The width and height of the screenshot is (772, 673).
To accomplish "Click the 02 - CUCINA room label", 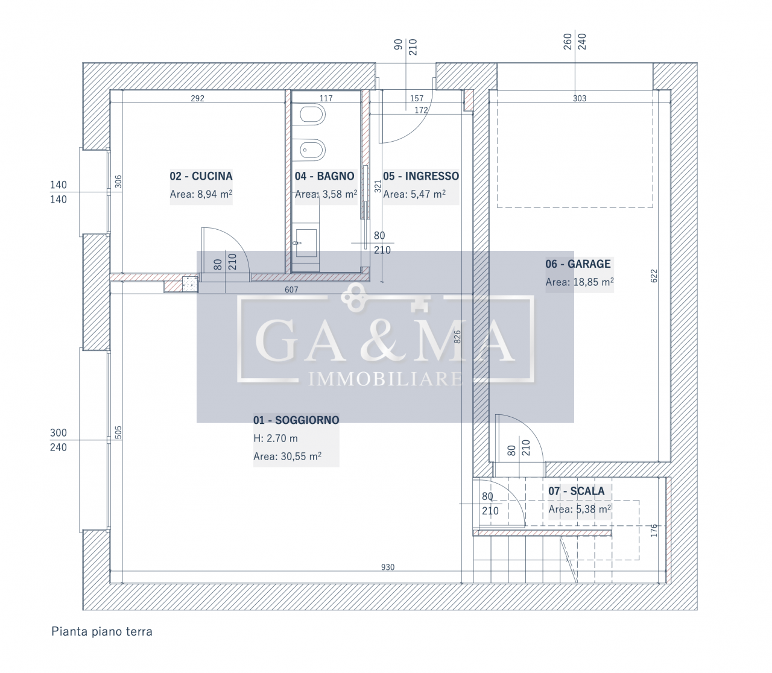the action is (x=201, y=176).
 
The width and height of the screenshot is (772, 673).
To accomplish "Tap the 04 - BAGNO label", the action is (x=324, y=176).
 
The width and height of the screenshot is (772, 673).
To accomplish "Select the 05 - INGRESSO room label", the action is (x=421, y=176).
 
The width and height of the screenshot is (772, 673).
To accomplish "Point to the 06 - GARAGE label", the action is (x=578, y=264).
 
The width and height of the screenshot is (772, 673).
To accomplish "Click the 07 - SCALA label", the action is (x=576, y=491).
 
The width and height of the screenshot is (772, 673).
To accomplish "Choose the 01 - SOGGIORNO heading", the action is (x=296, y=420).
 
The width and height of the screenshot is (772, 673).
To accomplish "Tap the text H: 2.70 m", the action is (x=276, y=438).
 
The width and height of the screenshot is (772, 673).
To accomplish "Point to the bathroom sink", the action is (x=306, y=243).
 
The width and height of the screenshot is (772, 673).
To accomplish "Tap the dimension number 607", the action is (x=291, y=289).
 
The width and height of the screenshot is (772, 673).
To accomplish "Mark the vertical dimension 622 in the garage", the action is (x=654, y=276).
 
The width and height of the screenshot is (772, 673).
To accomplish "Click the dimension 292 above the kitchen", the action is (x=197, y=98).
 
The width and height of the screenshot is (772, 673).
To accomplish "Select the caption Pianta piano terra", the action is (x=102, y=631).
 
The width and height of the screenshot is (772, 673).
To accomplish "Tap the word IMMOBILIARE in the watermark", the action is (x=385, y=378).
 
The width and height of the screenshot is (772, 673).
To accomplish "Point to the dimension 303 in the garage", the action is (x=580, y=98).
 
